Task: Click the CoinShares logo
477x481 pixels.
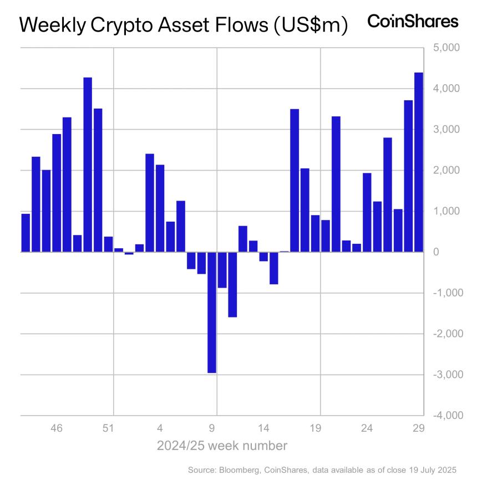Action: click(x=413, y=22)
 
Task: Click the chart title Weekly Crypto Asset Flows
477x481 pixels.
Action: click(x=183, y=25)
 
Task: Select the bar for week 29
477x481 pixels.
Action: click(x=419, y=162)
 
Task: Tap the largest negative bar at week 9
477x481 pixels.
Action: click(x=212, y=313)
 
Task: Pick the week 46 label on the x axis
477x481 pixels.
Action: click(x=57, y=428)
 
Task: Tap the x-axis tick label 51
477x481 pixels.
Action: click(x=108, y=428)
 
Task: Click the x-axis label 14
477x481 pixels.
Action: click(x=263, y=428)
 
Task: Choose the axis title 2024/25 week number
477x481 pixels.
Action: click(x=222, y=446)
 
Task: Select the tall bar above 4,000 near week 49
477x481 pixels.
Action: click(x=88, y=165)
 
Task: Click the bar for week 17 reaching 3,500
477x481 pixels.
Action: click(x=295, y=181)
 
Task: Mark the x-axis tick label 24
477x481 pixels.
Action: click(x=367, y=428)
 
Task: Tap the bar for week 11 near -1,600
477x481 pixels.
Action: click(x=232, y=285)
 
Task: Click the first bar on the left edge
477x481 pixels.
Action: click(x=26, y=233)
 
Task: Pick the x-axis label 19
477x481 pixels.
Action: click(x=315, y=428)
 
